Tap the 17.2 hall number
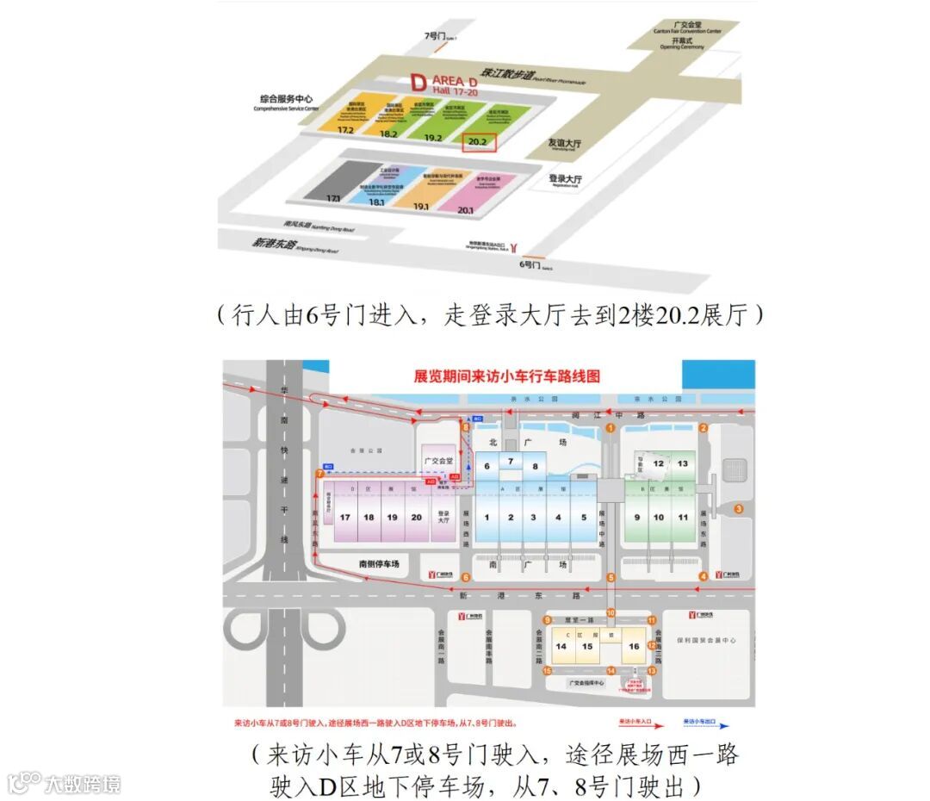pyautogui.click(x=346, y=130)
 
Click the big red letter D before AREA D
pyautogui.click(x=418, y=83)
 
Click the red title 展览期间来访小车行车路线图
pyautogui.click(x=506, y=376)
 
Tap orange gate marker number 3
pyautogui.click(x=739, y=509)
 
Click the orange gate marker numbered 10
pyautogui.click(x=611, y=613)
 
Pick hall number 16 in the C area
pyautogui.click(x=634, y=647)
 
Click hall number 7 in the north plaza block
pyautogui.click(x=511, y=463)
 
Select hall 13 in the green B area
pyautogui.click(x=683, y=463)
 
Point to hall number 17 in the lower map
pyautogui.click(x=345, y=517)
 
